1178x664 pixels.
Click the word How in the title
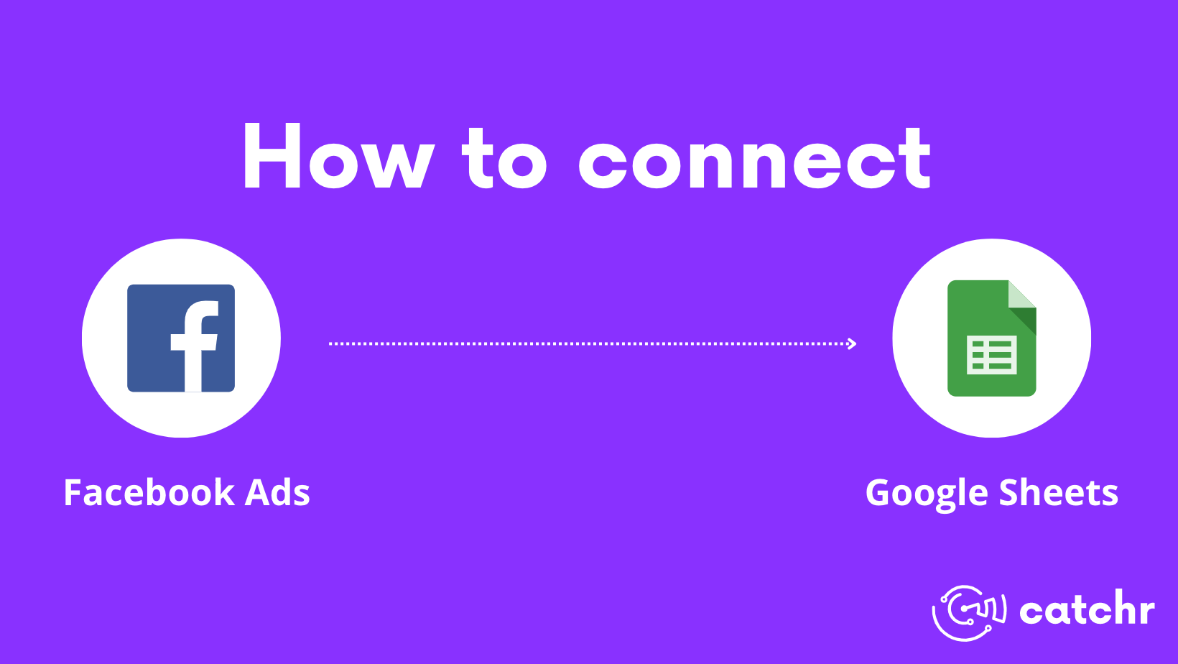tap(338, 157)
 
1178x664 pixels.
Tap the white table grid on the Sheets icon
tap(991, 355)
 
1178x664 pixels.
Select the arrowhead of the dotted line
tap(852, 343)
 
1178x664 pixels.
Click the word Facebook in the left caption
tap(149, 493)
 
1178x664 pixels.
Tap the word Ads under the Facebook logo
tap(277, 493)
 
